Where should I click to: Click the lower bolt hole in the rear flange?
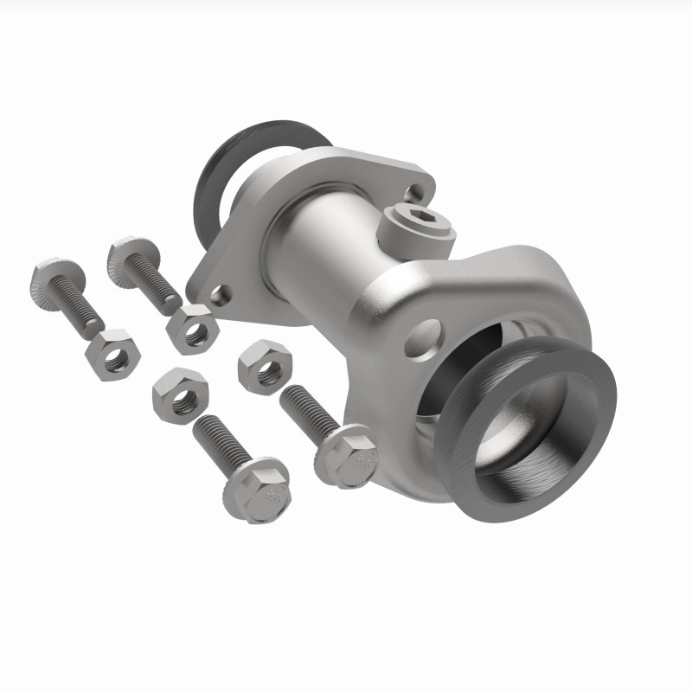(222, 295)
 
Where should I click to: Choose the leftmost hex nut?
(110, 354)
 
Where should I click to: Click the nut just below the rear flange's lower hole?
(190, 330)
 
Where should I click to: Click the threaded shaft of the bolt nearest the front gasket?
(306, 412)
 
